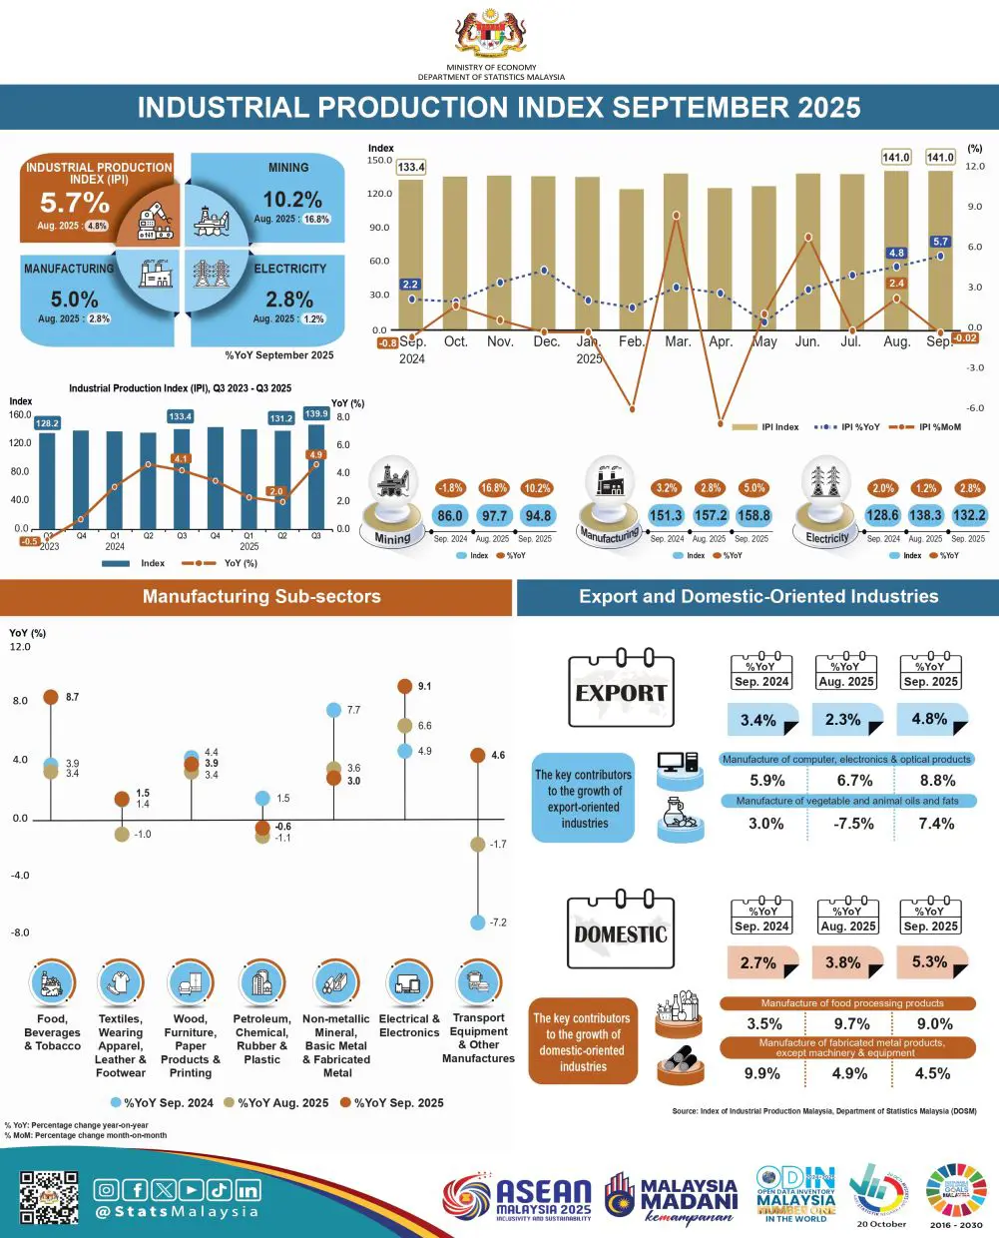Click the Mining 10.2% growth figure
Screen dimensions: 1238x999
coord(292,200)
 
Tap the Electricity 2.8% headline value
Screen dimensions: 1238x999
coord(289,300)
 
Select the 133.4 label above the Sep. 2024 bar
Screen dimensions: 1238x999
coord(411,167)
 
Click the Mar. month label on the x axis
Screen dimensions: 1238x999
coord(678,341)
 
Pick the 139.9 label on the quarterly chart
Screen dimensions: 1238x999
coord(316,414)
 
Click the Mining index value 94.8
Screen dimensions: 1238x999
coord(538,516)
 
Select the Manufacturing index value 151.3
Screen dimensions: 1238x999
coord(666,516)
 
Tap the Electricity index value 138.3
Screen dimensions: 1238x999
coord(925,516)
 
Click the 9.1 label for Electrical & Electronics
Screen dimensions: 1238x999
coord(425,687)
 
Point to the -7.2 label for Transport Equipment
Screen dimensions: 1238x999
coord(498,923)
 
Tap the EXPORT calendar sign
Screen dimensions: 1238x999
coord(621,690)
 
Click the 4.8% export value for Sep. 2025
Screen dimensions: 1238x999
coord(929,719)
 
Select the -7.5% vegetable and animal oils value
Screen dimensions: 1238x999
coord(853,824)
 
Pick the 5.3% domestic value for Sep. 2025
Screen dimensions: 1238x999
coord(929,962)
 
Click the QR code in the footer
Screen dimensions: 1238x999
coord(49,1197)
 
